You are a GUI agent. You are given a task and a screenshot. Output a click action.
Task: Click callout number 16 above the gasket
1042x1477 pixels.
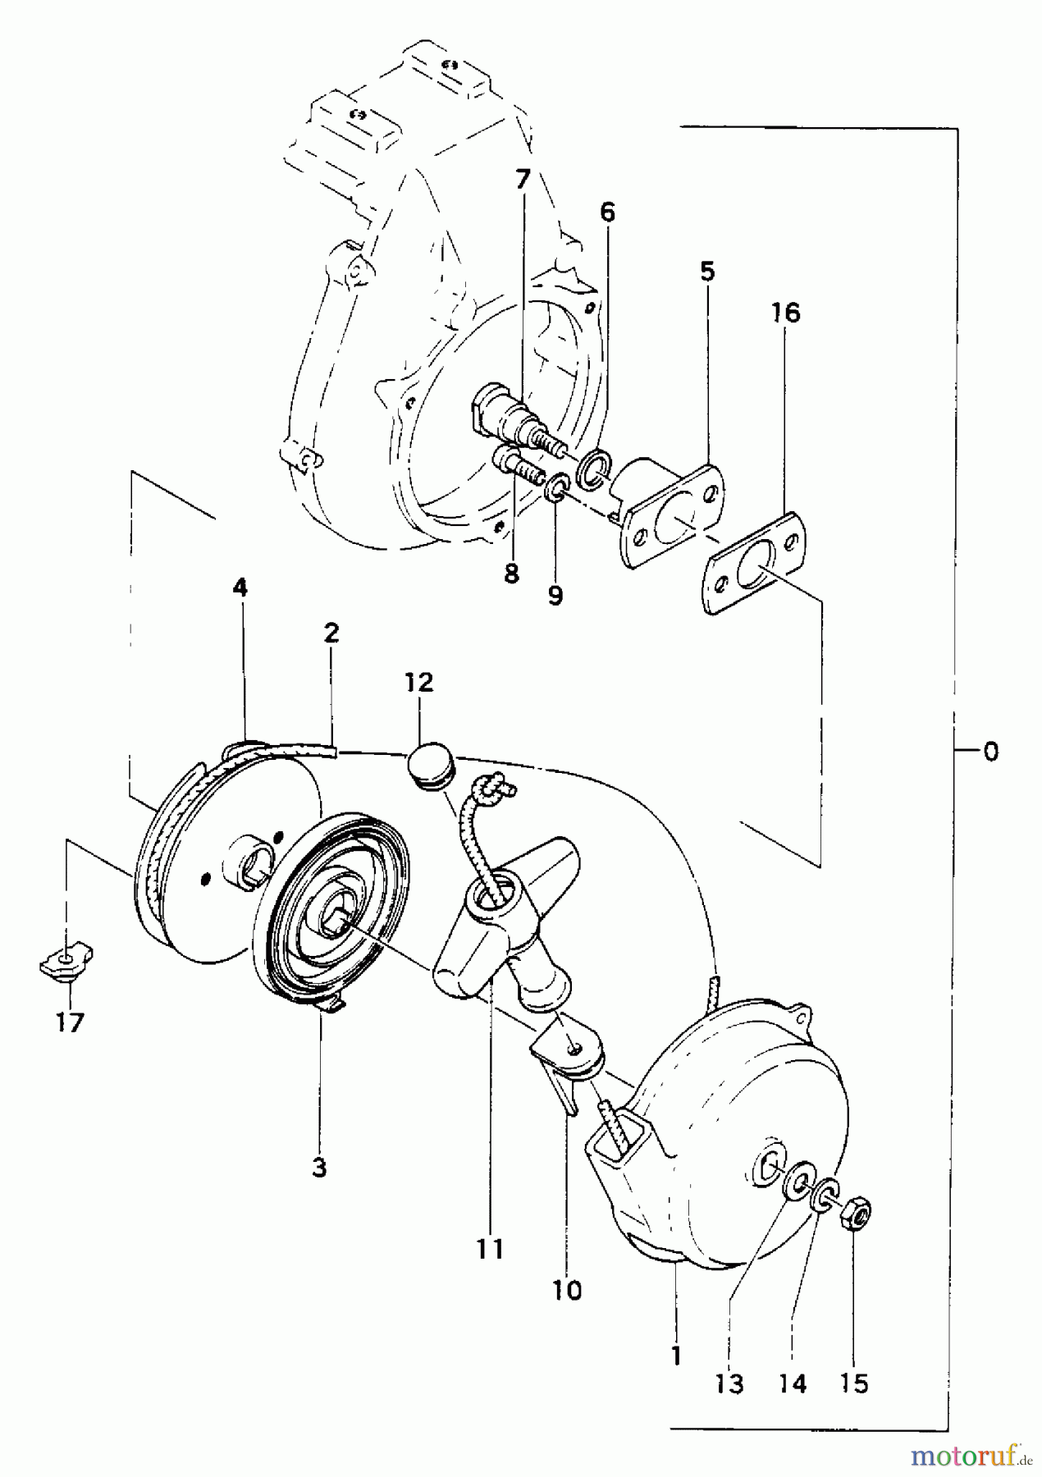click(785, 313)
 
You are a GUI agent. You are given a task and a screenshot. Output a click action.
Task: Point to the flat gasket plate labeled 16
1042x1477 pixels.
click(755, 560)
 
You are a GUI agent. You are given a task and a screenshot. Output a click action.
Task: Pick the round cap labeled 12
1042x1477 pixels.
click(427, 766)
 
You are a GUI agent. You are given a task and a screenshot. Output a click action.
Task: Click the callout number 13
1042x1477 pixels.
click(729, 1385)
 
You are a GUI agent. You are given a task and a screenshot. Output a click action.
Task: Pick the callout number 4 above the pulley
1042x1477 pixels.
click(240, 588)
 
